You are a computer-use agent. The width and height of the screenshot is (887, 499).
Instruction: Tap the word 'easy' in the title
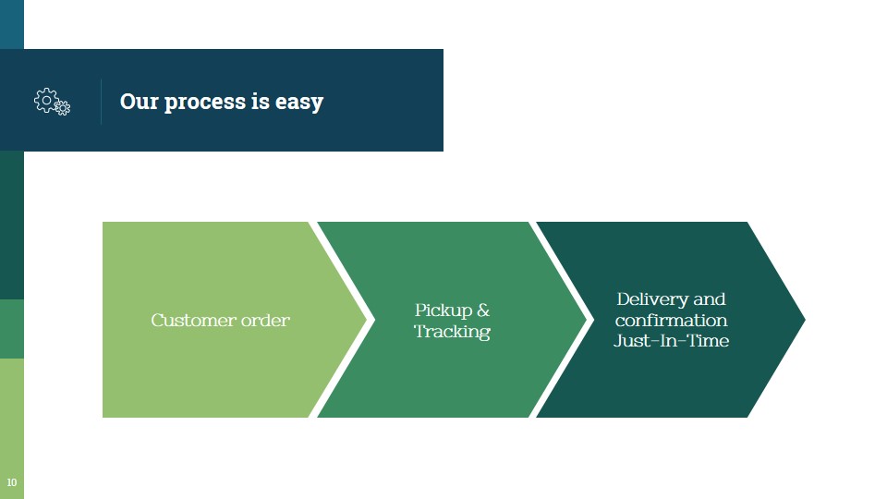299,102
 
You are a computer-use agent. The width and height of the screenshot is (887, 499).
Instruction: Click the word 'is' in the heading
260,101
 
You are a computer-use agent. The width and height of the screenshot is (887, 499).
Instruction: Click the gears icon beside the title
52,102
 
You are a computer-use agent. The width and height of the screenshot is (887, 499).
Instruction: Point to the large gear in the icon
46,99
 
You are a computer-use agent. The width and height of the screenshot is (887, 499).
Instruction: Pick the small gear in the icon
62,108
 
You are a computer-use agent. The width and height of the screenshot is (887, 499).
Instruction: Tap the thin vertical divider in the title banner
101,101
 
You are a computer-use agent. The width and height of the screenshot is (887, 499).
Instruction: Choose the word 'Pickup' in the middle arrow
443,310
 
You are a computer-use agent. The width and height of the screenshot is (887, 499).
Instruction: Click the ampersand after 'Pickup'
483,310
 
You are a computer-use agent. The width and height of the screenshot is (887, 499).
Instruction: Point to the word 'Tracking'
452,332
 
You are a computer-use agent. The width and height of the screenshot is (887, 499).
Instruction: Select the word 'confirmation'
671,321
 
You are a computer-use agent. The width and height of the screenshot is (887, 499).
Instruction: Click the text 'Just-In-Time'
671,341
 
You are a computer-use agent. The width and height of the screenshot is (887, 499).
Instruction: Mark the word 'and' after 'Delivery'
710,299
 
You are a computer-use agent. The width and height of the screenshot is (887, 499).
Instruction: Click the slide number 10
11,482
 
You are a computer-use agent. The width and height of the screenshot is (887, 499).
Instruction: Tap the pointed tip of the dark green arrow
802,320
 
